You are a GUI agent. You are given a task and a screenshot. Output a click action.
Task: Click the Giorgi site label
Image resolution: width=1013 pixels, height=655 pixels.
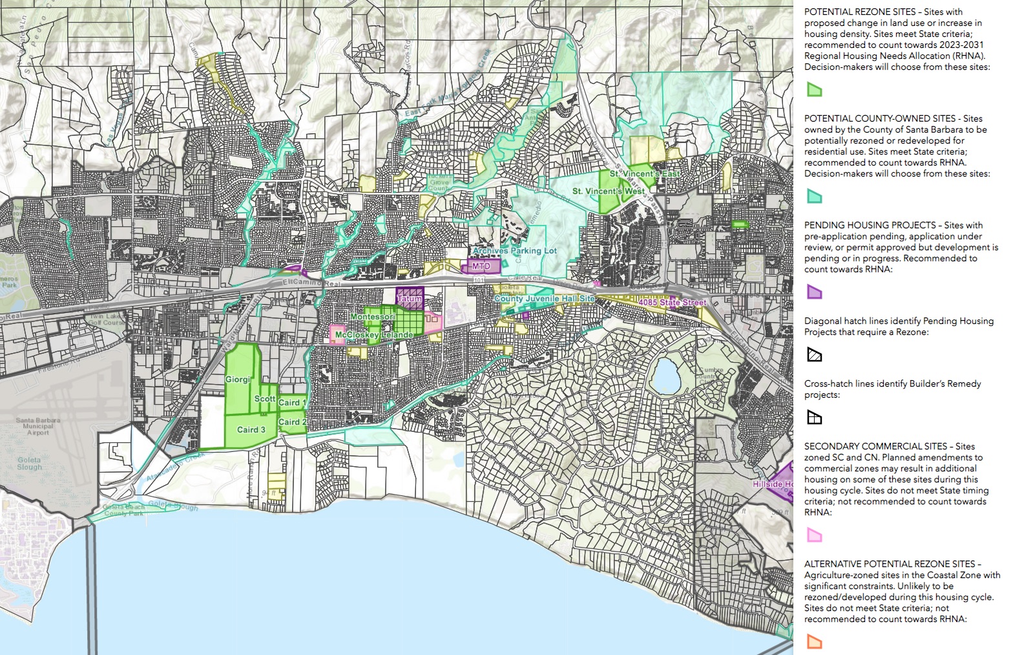click(238, 380)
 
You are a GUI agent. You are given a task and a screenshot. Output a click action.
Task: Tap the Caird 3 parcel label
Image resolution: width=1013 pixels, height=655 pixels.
click(251, 429)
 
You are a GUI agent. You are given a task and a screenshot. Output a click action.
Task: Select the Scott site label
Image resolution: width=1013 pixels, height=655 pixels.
click(265, 399)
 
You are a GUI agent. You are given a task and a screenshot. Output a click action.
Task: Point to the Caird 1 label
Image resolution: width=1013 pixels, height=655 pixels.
click(292, 402)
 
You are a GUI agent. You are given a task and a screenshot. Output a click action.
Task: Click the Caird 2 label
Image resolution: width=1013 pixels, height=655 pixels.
click(292, 422)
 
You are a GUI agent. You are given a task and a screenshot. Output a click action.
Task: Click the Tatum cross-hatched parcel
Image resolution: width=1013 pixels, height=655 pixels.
click(410, 298)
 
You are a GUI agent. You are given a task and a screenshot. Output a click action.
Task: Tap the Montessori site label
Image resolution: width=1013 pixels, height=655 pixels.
click(372, 317)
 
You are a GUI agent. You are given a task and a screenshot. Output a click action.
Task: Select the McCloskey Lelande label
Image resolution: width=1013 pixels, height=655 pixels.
click(373, 335)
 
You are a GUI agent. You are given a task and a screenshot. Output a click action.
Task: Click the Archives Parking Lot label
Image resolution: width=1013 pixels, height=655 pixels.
click(514, 251)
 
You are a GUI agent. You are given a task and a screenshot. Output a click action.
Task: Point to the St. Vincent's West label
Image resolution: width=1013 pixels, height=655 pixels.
click(608, 191)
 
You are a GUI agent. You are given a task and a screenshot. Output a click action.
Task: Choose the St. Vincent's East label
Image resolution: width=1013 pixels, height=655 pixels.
click(645, 174)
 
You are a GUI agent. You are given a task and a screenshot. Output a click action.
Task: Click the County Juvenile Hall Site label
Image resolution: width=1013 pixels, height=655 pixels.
click(544, 299)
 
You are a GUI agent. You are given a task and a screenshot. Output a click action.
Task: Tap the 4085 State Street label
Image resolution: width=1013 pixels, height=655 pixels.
click(672, 303)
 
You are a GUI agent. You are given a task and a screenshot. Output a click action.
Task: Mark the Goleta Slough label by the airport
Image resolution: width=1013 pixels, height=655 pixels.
click(30, 464)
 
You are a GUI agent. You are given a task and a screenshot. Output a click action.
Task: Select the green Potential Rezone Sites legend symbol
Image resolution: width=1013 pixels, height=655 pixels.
click(814, 90)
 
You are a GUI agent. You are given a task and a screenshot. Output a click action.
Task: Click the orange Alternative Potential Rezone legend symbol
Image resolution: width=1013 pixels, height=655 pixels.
click(814, 641)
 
